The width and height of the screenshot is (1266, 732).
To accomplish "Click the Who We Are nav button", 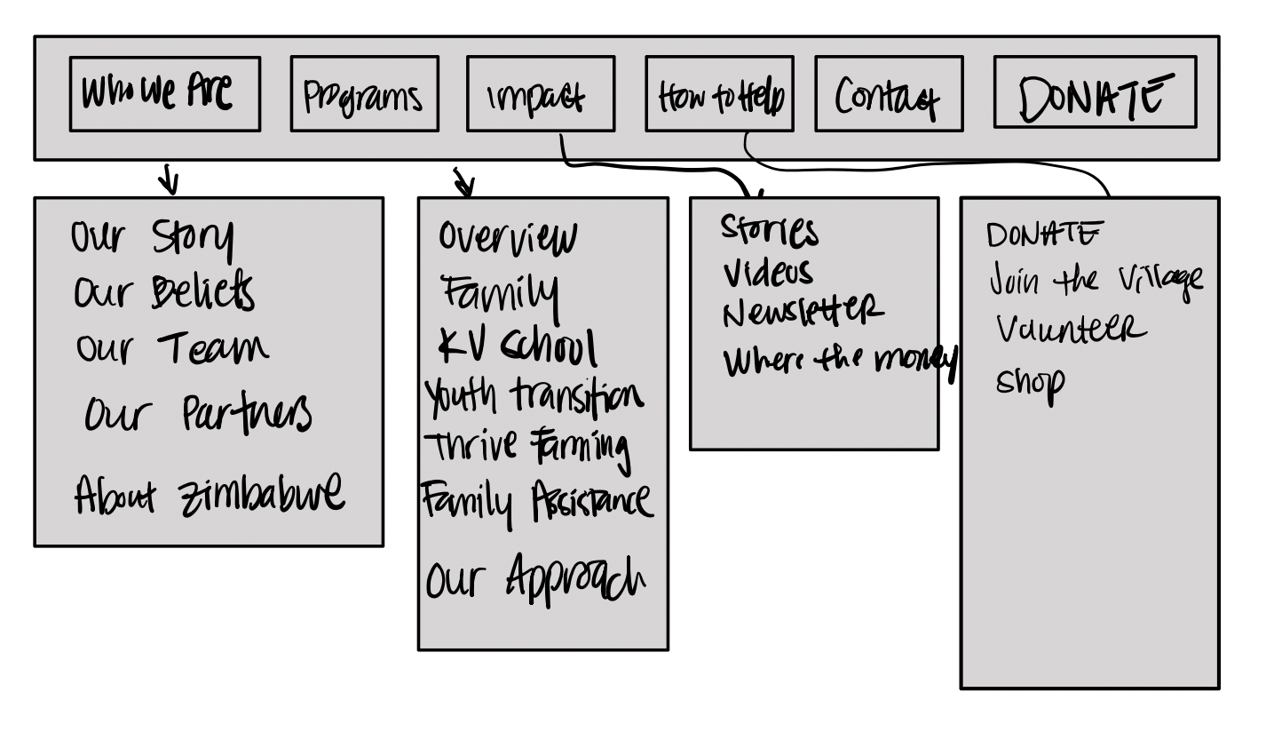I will coord(165,94).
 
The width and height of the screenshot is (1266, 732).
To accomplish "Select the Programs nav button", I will coord(364,94).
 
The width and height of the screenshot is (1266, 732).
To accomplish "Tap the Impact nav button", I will coord(540,94).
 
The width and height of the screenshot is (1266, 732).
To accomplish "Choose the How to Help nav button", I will coord(719,94).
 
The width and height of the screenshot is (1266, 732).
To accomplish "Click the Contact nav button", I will coord(889,94).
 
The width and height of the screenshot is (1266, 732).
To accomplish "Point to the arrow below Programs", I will coord(463,183).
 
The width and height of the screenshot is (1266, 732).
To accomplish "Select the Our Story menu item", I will coord(153,238).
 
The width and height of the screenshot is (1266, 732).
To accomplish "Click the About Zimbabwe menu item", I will coord(210,494).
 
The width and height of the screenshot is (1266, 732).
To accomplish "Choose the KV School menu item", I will coord(518,346).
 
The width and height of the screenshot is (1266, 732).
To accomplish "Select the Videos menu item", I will coord(768,272).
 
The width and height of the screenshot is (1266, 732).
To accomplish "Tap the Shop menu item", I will coord(1030,386).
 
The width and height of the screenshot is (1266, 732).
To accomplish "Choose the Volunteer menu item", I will coord(1071,330).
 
